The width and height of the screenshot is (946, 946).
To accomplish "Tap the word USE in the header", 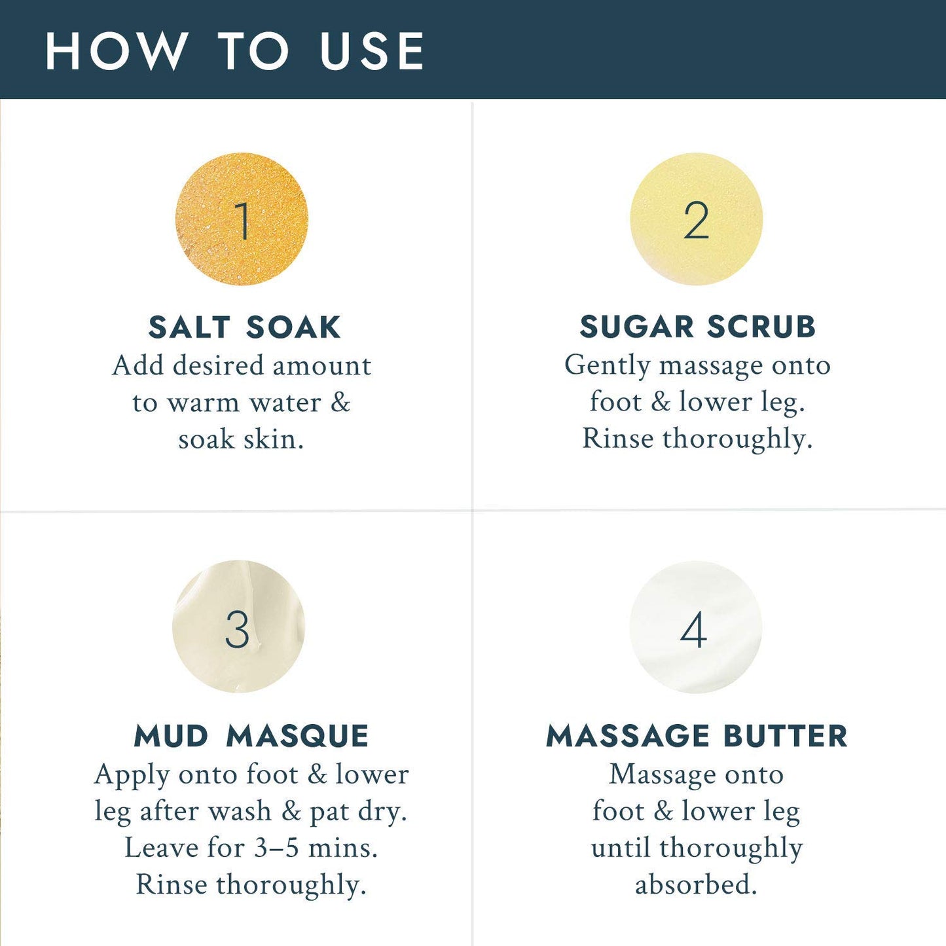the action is [x=372, y=51].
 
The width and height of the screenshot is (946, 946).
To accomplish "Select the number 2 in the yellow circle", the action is [x=696, y=221].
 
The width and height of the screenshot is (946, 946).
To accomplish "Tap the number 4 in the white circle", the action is [x=693, y=629].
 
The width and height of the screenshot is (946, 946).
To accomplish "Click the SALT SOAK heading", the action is [x=244, y=327].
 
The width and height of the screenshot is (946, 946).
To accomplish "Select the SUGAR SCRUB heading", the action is [x=697, y=327].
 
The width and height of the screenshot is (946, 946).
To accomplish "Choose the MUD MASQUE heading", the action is [x=251, y=736].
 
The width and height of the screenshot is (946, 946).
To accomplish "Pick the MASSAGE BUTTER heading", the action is [x=697, y=736].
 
